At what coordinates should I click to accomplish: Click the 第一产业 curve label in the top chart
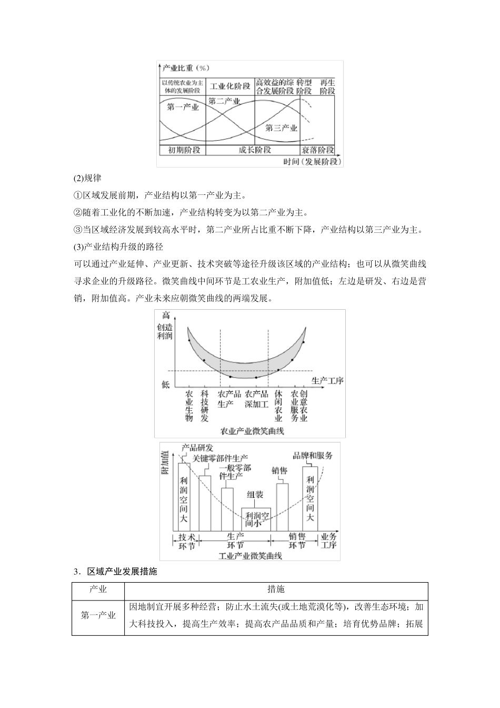pos(183,107)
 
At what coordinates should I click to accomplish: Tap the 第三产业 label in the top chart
pos(281,127)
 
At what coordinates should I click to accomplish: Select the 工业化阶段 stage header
pos(230,86)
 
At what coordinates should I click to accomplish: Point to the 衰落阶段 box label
pos(317,150)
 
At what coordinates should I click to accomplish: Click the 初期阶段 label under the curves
pos(184,150)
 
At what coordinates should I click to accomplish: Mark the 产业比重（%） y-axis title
pos(186,68)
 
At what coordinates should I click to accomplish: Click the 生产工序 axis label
pos(327,380)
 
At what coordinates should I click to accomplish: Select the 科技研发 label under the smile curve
pos(205,406)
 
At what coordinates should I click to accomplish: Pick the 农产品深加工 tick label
pos(256,399)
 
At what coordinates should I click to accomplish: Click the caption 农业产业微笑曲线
pos(253,431)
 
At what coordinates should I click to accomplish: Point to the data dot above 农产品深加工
pos(256,378)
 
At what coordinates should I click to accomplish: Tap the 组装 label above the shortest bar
pos(255,495)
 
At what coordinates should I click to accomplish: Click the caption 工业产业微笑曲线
pos(250,555)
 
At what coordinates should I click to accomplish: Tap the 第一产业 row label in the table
pos(98,615)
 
